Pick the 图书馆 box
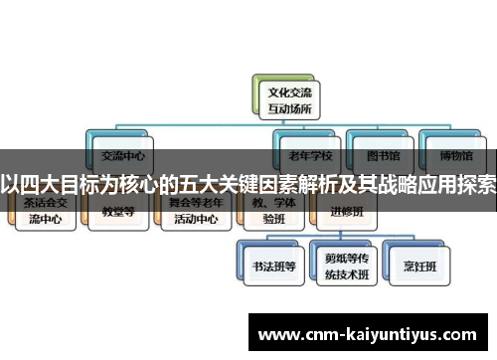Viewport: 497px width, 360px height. pos(381,155)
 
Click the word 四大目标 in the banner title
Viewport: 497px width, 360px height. pos(66,184)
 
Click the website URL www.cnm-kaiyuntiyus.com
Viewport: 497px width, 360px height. pos(369,334)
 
